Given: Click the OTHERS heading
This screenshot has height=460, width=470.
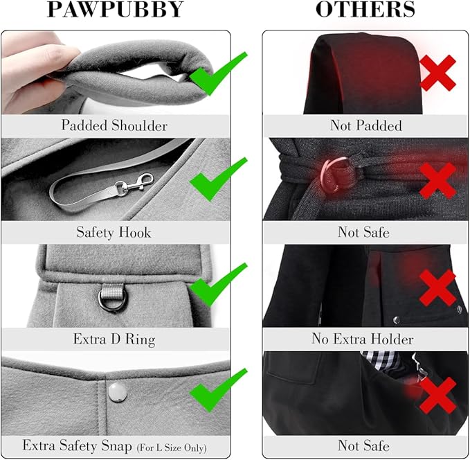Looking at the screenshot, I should tap(365, 10).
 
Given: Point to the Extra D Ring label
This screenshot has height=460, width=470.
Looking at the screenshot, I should tap(114, 339).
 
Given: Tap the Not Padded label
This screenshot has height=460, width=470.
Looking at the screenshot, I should tap(365, 125).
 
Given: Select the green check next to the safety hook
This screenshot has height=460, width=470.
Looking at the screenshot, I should tap(218, 178).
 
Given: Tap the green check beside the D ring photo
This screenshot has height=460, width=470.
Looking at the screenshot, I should tap(218, 285).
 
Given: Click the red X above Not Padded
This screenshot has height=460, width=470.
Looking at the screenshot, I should tap(437, 73).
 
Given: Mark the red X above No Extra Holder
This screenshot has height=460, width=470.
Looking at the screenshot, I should tap(437, 286).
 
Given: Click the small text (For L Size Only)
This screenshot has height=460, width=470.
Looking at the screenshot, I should tap(167, 446).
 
